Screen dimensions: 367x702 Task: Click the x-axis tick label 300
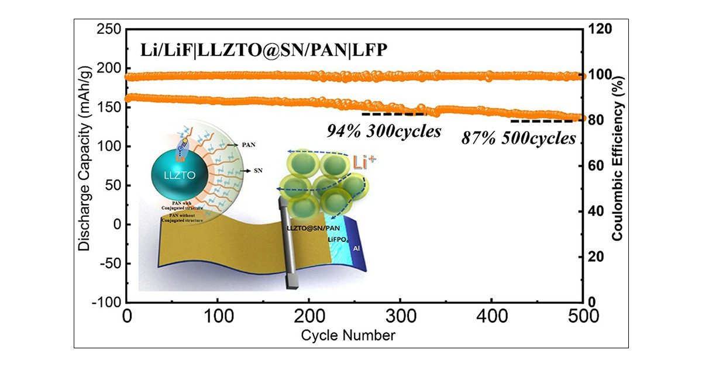pos(400,318)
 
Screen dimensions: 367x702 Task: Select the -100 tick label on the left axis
pos(107,303)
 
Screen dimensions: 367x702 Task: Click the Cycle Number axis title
pos(348,336)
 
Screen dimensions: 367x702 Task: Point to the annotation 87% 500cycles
pos(518,139)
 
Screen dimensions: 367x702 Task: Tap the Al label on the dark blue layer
pos(356,249)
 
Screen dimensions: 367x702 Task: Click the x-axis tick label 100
pos(218,318)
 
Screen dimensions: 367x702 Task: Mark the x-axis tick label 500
pos(582,318)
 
